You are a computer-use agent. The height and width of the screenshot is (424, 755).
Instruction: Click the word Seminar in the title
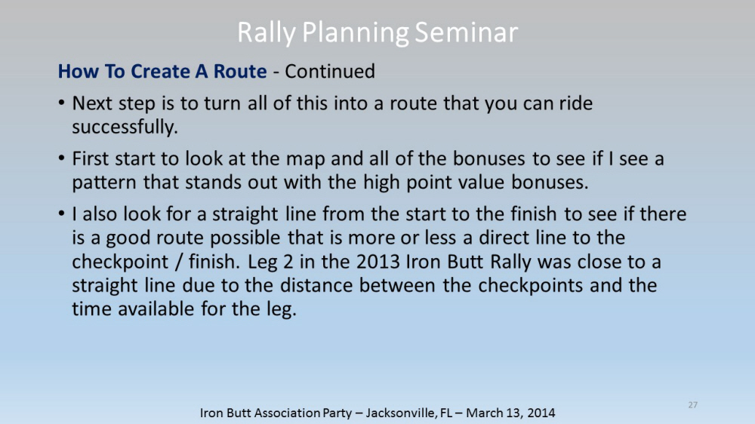click(x=466, y=32)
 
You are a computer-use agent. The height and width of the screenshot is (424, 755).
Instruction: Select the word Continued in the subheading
click(x=330, y=71)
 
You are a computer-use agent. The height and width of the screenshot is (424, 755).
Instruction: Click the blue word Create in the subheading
click(x=160, y=71)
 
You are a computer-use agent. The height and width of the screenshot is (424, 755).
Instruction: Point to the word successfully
click(x=125, y=127)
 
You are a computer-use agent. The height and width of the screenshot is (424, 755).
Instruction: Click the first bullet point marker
click(x=61, y=103)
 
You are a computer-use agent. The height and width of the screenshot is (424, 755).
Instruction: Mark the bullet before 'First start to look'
click(x=61, y=158)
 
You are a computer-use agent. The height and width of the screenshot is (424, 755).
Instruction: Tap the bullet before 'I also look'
click(x=61, y=214)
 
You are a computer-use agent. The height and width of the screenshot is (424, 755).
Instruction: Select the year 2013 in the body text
click(x=378, y=262)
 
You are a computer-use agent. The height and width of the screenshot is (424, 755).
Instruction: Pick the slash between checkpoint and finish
click(x=178, y=263)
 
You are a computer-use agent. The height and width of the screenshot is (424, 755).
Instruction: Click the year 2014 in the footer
click(x=541, y=413)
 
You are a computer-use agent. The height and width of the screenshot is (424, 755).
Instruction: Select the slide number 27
click(x=693, y=404)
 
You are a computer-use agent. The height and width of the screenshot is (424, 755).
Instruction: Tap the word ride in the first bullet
click(x=575, y=103)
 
